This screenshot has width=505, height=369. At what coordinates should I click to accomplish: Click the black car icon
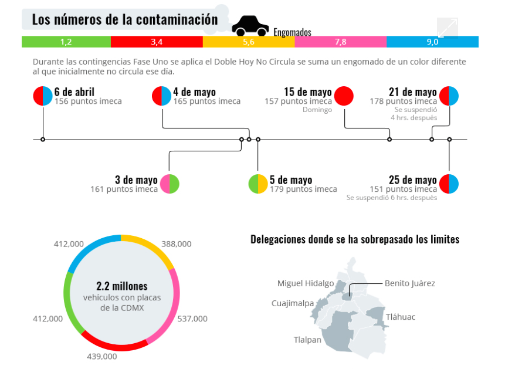point(250,25)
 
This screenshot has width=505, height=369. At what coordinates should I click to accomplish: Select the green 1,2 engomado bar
point(66,42)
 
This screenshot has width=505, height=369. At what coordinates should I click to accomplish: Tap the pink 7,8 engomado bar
point(340,42)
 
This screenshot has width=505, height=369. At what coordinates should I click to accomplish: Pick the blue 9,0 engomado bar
point(432,42)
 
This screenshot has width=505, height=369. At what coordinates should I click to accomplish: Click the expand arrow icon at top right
point(447,28)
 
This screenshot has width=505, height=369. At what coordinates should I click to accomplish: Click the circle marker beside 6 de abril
point(43,96)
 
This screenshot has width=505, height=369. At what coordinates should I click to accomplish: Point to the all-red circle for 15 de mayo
point(344,96)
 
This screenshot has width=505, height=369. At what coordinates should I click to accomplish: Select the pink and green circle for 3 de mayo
point(170,184)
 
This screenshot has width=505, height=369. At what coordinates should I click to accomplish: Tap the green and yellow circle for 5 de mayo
point(258,184)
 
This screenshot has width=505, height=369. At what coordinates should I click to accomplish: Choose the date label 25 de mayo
point(412,180)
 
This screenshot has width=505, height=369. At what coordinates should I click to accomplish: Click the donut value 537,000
point(192,319)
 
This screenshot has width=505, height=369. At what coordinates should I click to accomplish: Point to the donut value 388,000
point(176,243)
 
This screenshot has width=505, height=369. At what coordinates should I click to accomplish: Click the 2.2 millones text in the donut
point(121,287)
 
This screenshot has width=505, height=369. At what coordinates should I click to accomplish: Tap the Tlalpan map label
point(307,340)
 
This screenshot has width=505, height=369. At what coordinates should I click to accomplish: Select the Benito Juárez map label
point(409,283)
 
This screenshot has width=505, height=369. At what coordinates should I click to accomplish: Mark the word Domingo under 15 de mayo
point(317,110)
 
